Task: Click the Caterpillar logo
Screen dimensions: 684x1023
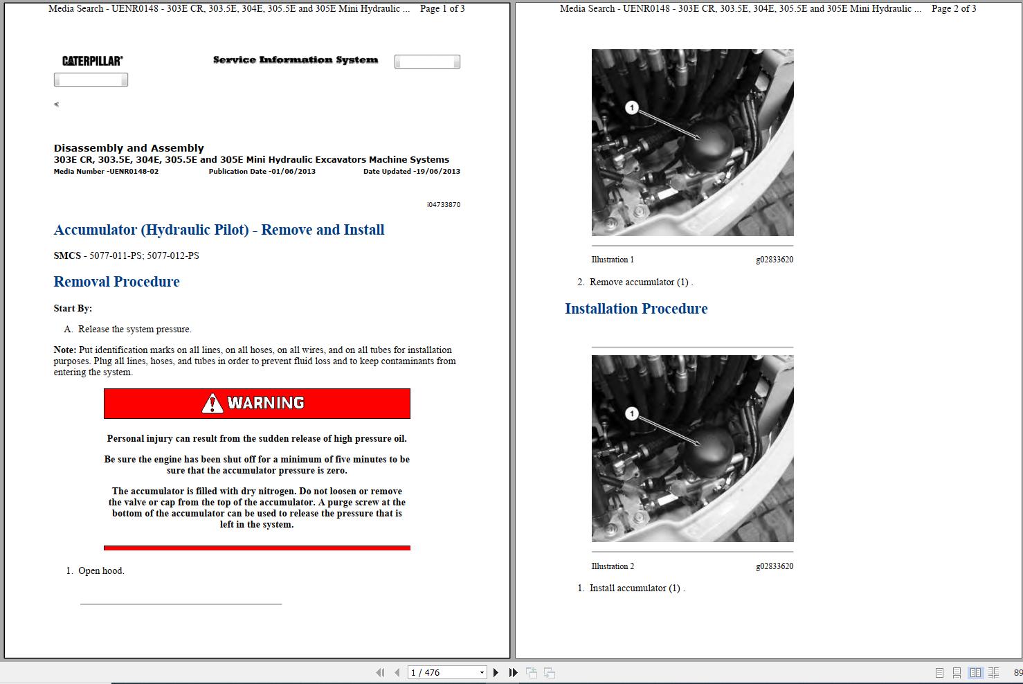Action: click(92, 61)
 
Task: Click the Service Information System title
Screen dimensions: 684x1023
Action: click(296, 60)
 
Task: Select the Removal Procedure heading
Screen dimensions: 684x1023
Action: click(116, 282)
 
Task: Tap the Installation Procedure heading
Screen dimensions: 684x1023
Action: click(636, 309)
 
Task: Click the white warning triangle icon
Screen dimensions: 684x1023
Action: click(212, 404)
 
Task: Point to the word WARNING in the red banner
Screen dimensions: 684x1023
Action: click(266, 403)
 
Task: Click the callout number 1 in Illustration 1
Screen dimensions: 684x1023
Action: click(631, 107)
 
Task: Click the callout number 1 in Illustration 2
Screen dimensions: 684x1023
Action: click(631, 413)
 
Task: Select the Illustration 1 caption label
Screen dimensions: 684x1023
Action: click(613, 260)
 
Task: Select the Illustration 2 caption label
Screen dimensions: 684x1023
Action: click(613, 566)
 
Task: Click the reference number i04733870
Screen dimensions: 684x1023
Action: click(444, 205)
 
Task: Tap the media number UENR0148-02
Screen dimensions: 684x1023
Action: click(134, 172)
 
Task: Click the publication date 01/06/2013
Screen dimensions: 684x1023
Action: click(293, 172)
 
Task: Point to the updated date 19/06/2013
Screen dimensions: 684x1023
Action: click(437, 172)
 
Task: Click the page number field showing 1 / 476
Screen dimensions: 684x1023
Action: click(446, 672)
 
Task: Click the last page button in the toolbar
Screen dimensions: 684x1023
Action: click(513, 672)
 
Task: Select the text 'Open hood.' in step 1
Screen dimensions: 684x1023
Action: click(101, 571)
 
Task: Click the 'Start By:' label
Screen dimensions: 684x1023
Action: click(73, 309)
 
